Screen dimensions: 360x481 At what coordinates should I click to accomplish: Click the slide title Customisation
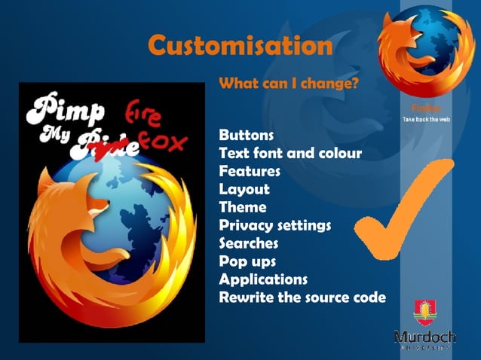click(240, 46)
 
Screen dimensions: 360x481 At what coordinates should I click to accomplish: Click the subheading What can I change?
click(288, 83)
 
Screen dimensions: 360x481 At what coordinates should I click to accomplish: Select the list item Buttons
click(246, 136)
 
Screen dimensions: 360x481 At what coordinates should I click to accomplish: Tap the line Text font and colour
click(290, 154)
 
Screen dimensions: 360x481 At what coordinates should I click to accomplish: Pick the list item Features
click(250, 171)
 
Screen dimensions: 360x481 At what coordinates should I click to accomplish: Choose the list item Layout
click(244, 189)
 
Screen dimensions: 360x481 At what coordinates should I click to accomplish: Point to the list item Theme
click(243, 207)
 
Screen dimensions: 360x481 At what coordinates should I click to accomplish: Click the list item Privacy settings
click(274, 225)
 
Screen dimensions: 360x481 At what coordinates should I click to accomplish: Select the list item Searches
click(249, 243)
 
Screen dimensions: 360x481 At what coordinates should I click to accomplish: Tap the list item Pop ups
click(247, 261)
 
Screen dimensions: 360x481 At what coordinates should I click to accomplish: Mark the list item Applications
click(263, 279)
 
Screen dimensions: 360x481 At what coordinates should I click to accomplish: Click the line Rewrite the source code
click(302, 297)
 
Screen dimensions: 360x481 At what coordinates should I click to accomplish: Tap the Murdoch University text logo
click(424, 337)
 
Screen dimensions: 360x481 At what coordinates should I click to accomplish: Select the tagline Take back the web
click(426, 120)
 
